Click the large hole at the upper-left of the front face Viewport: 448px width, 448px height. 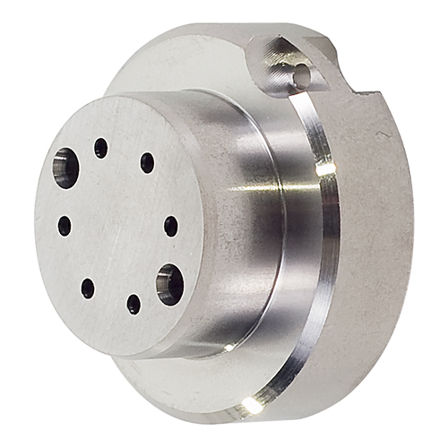[x=65, y=168]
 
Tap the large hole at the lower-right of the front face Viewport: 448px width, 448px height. [x=169, y=284]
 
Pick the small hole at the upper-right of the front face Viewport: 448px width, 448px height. [x=147, y=162]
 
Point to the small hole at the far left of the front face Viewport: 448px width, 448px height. [x=65, y=226]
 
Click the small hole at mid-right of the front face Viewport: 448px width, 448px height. [x=170, y=226]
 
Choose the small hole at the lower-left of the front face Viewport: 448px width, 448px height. [x=88, y=288]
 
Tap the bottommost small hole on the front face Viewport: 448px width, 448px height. [x=134, y=305]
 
